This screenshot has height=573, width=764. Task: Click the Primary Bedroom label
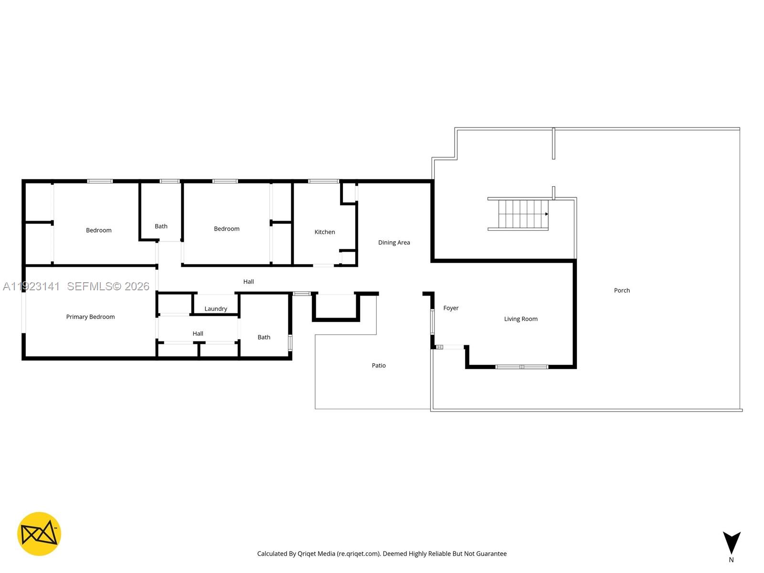tap(90, 317)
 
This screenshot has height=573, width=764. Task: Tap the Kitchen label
tap(325, 232)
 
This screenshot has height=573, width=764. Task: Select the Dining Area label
tap(394, 243)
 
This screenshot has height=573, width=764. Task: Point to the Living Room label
tap(520, 319)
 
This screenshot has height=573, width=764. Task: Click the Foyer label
tap(451, 308)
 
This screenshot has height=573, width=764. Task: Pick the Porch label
tap(622, 290)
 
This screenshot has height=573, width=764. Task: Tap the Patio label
tap(379, 365)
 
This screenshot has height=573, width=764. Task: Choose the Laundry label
tap(216, 309)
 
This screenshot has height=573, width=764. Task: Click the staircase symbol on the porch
tap(520, 214)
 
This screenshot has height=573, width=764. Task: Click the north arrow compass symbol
tap(731, 543)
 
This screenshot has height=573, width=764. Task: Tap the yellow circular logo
tap(39, 534)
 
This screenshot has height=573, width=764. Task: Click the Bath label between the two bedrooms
tap(161, 226)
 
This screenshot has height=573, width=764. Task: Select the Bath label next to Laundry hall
tap(264, 337)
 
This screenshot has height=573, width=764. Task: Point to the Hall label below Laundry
tap(198, 334)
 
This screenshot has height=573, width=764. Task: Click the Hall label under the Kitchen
tap(248, 282)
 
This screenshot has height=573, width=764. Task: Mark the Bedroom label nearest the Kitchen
tap(227, 229)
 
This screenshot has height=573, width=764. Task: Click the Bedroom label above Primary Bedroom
tap(99, 230)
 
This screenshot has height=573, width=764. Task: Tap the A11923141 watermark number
tap(32, 286)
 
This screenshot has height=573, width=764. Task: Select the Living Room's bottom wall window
tap(521, 367)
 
